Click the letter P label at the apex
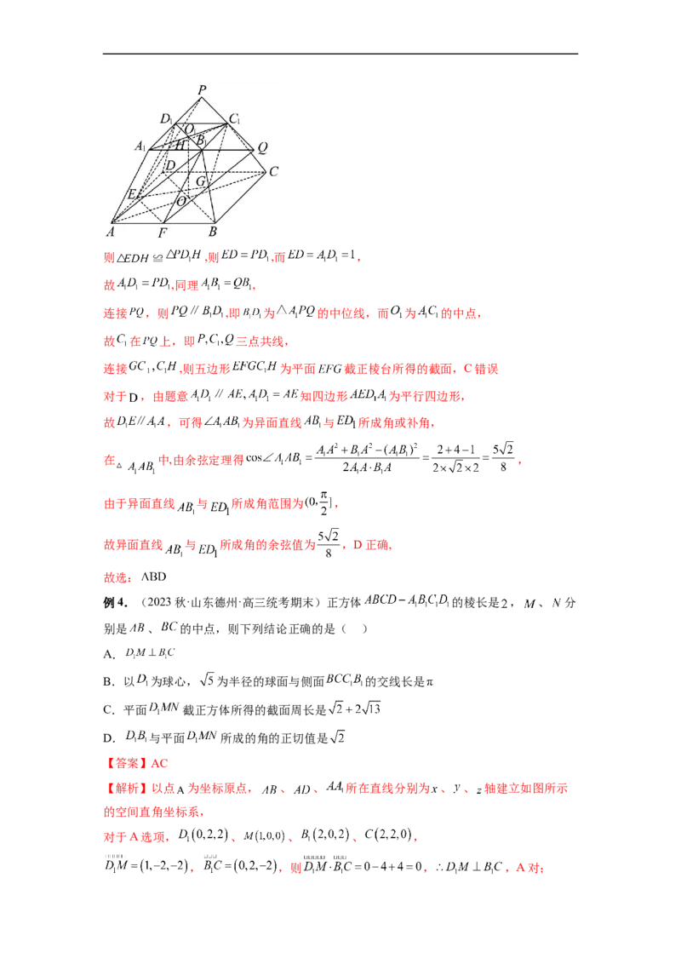pos(202,89)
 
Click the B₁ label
pos(201,139)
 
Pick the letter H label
pos(180,146)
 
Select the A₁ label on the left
pos(140,146)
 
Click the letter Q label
pos(263,146)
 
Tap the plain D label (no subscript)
pos(170,164)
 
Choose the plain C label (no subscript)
pos(274,171)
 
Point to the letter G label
pos(201,181)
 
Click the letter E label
pos(132,195)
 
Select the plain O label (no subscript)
pos(180,202)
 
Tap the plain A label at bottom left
pos(111,231)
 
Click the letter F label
pos(163,232)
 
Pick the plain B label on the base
pos(213,232)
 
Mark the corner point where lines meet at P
pos(202,97)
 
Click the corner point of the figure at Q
pos(255,150)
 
